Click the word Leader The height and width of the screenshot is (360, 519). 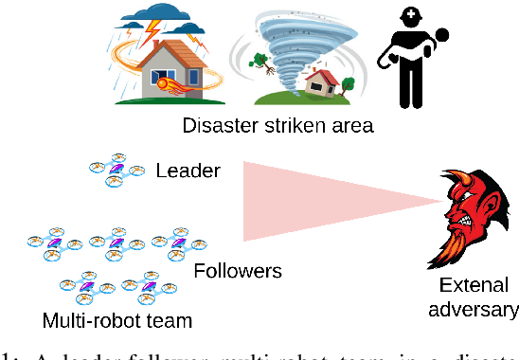[x=188, y=171]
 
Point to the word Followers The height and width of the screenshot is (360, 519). [x=238, y=271]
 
